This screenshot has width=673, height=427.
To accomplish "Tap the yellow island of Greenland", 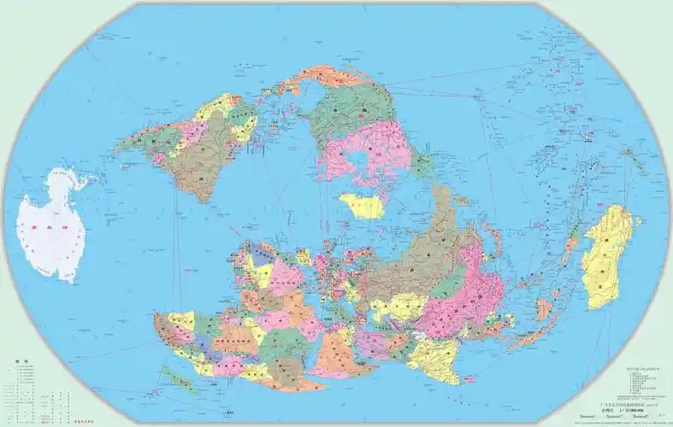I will pos(361,205).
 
